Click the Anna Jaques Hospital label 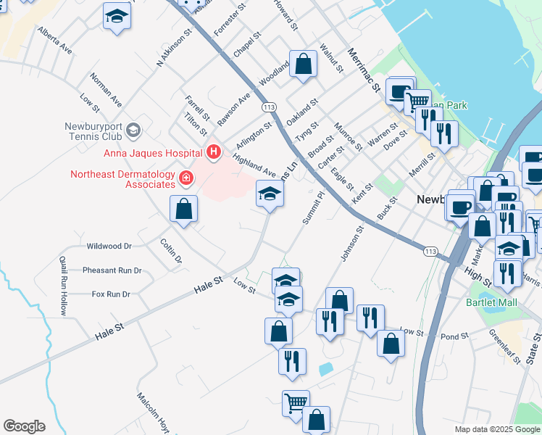click(x=152, y=153)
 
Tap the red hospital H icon click(x=214, y=152)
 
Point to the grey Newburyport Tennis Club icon click(x=133, y=130)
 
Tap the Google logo click(x=24, y=426)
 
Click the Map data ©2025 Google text click(x=496, y=429)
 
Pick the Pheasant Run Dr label click(x=112, y=270)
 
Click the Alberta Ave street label click(x=56, y=41)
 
